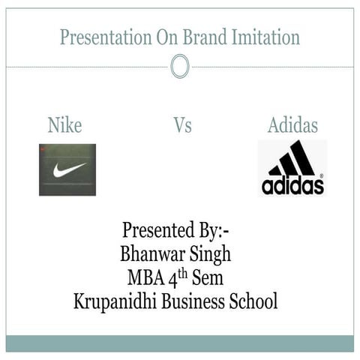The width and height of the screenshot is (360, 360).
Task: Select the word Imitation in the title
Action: pos(263,37)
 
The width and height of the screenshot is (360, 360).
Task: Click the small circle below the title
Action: pos(179,67)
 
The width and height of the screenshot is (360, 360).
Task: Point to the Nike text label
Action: pos(64,125)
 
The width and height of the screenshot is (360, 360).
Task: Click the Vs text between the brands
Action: pos(182,125)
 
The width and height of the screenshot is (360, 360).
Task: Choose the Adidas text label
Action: pos(292,125)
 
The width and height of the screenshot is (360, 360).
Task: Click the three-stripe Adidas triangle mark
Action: pos(292,159)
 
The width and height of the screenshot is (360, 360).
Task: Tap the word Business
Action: pos(195,301)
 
